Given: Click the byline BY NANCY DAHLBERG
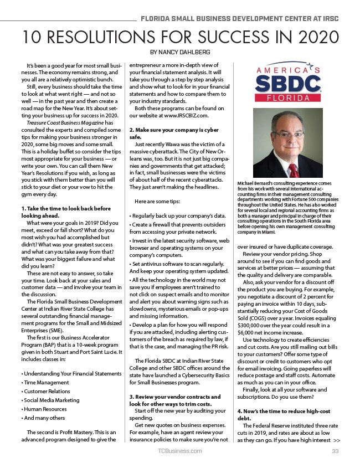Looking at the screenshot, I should click(180, 53).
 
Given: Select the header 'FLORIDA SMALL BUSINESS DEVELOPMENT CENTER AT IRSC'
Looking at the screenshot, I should click(239, 19).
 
